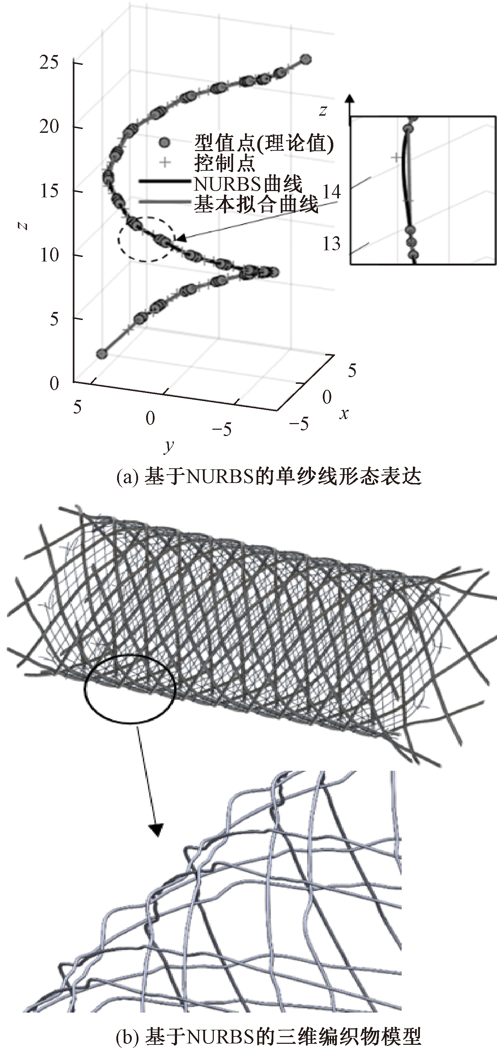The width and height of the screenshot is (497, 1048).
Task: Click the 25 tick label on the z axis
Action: (x=49, y=63)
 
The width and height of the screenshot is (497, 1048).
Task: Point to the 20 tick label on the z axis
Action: (x=49, y=127)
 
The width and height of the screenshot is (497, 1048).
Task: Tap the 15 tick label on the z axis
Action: (x=49, y=191)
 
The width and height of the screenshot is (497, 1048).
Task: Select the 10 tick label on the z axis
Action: (x=49, y=256)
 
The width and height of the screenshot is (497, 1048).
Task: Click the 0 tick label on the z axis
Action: (x=54, y=384)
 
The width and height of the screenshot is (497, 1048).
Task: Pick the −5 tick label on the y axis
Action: (x=222, y=429)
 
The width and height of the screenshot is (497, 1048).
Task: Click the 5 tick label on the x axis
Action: (x=352, y=370)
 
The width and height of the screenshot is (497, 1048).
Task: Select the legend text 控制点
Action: (x=225, y=163)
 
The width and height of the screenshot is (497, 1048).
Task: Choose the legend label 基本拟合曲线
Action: (x=256, y=205)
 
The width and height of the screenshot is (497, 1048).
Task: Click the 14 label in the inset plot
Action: (x=332, y=191)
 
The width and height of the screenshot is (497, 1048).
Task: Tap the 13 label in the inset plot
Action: (x=332, y=244)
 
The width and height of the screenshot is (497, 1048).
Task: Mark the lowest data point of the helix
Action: (x=102, y=354)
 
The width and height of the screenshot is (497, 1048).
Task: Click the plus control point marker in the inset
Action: (x=396, y=157)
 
